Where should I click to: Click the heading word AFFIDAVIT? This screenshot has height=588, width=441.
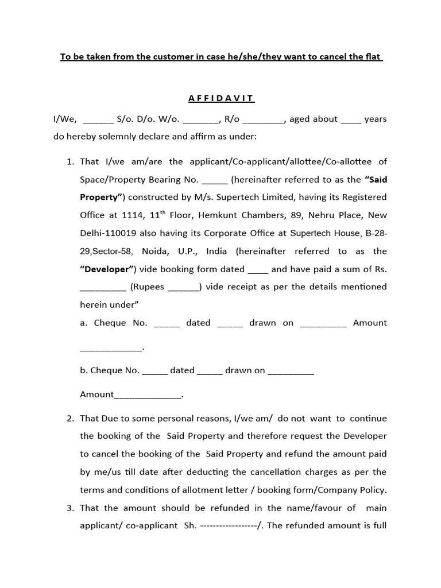(221, 98)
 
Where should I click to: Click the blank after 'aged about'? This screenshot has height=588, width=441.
(351, 120)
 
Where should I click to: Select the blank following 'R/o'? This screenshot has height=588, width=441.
(263, 120)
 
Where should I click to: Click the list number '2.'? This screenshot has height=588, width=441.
(71, 418)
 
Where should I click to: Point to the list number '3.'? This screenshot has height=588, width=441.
(71, 508)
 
